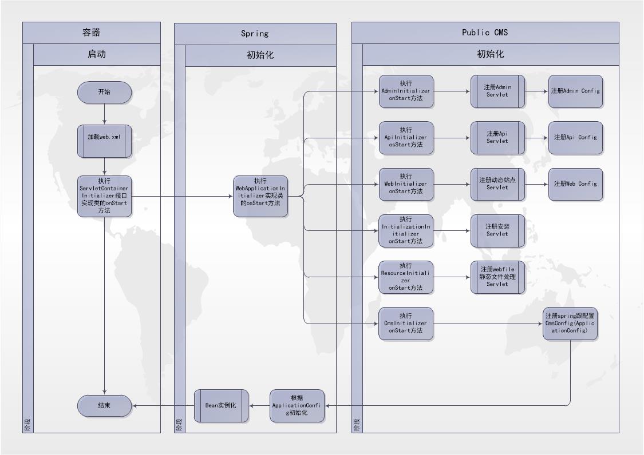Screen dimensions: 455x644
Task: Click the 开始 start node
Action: (104, 92)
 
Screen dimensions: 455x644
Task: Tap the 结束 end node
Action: (104, 405)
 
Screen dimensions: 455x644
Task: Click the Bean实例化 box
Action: (221, 405)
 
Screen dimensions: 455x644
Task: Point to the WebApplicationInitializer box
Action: (260, 196)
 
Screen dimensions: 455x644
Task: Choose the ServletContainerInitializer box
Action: (104, 196)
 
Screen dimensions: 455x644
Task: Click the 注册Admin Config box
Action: (575, 91)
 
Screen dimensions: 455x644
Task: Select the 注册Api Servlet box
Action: (497, 138)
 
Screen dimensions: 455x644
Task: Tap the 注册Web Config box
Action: (575, 184)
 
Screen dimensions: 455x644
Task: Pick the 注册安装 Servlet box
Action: (497, 230)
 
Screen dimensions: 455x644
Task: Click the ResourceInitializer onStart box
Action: (406, 277)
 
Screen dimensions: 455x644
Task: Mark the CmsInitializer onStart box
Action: (406, 324)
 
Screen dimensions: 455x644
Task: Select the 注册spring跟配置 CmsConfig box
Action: (570, 324)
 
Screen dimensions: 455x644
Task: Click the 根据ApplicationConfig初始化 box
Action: (297, 405)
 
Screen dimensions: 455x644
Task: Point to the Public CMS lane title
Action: (485, 33)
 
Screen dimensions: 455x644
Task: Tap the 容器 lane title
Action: (92, 33)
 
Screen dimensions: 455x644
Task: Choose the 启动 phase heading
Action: (97, 55)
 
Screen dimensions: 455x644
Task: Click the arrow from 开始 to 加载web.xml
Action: (104, 114)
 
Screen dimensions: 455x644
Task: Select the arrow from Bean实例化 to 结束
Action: (163, 405)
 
